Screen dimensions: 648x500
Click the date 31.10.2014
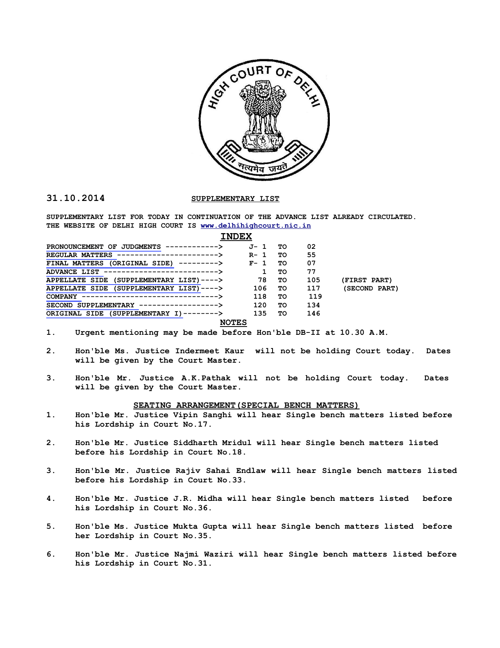(76, 198)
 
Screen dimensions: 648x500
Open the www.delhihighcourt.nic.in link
(256, 226)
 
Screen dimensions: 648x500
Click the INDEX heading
(236, 236)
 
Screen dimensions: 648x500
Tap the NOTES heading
(233, 323)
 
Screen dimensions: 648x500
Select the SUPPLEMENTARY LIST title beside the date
(235, 199)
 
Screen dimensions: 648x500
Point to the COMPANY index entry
(62, 297)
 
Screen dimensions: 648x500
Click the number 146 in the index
(314, 314)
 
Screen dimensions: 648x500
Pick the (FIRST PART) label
(367, 280)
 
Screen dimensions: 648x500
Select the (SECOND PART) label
(371, 288)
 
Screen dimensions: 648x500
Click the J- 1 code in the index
(258, 247)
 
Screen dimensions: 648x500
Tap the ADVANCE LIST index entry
(73, 272)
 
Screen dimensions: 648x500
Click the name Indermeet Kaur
(210, 351)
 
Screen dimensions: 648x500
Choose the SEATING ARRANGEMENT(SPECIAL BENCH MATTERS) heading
(246, 405)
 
